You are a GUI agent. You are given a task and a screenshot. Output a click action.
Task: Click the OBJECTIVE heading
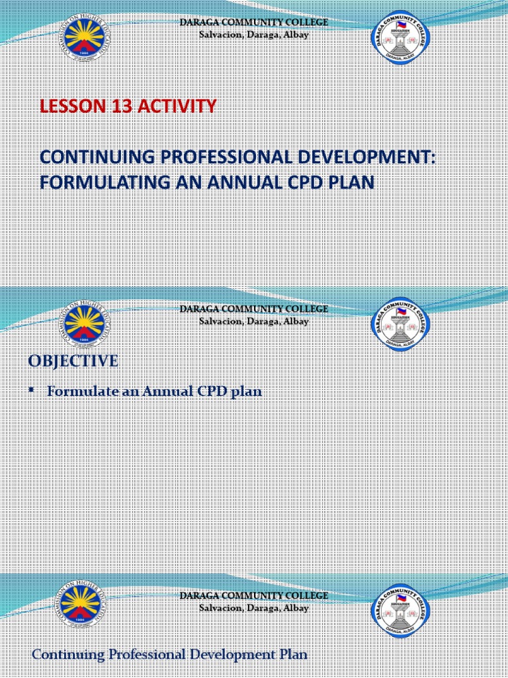click(x=73, y=361)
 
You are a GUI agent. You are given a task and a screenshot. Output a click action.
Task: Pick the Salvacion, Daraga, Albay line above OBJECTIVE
click(x=254, y=321)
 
